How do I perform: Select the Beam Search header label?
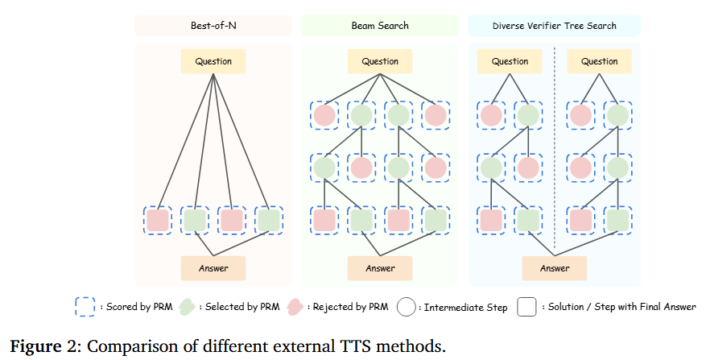click(380, 26)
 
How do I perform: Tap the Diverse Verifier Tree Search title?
click(554, 26)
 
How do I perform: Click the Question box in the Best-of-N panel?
click(213, 61)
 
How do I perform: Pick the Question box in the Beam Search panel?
click(380, 61)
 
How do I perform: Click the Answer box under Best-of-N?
click(213, 268)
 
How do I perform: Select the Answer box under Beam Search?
click(380, 268)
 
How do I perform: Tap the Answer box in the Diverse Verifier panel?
click(555, 268)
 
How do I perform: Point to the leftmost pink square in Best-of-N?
click(157, 220)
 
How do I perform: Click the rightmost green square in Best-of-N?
click(268, 220)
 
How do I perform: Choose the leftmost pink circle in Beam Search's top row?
click(324, 115)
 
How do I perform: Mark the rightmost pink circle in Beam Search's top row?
click(436, 115)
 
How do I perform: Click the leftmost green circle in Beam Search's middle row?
click(324, 168)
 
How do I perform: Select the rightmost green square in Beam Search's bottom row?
click(436, 220)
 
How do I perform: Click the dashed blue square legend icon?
click(85, 307)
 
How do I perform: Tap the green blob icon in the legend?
click(187, 307)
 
